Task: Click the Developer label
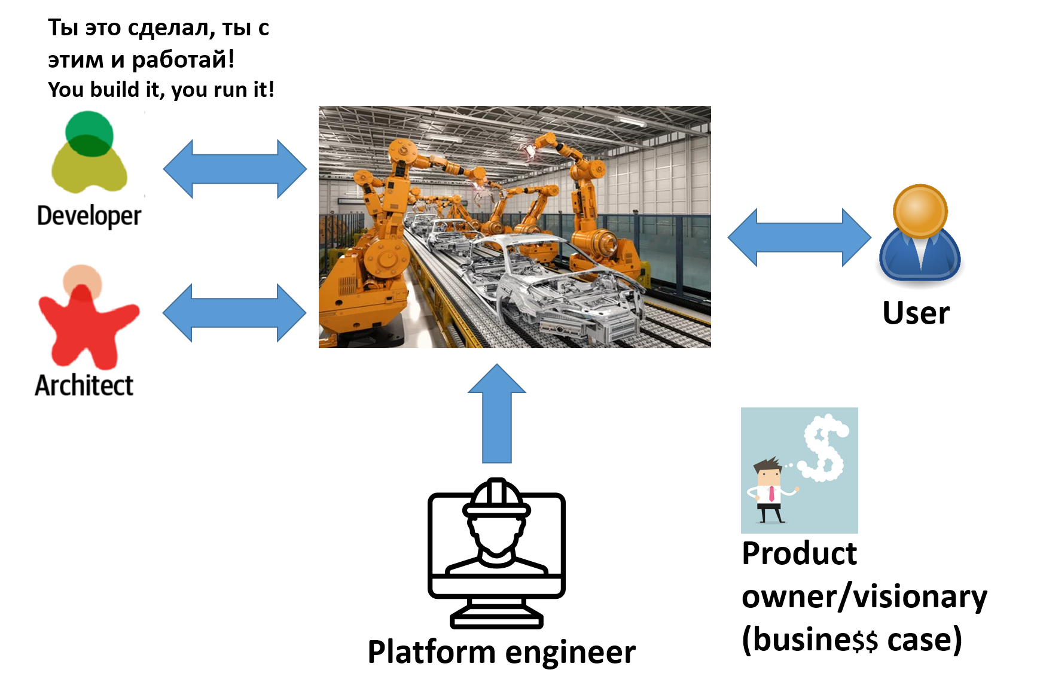tap(89, 216)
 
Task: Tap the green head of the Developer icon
tap(89, 133)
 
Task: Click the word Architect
tap(84, 385)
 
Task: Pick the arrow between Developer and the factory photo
tap(234, 169)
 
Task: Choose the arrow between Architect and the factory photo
tap(234, 312)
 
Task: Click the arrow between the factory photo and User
tap(799, 238)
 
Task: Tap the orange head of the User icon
tap(920, 211)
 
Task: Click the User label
tap(916, 313)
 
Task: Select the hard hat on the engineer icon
tap(496, 498)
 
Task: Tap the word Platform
tap(431, 652)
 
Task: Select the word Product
tap(799, 553)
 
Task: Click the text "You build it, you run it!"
tap(161, 90)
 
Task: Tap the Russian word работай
tap(179, 59)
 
